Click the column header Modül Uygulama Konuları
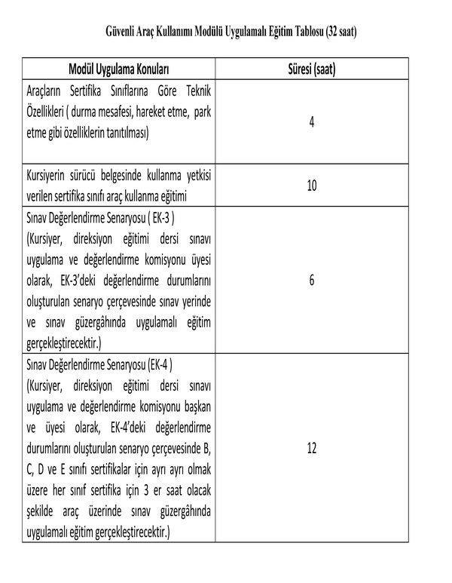[x=118, y=71]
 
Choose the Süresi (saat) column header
[x=312, y=71]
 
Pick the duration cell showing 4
[x=312, y=121]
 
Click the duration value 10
[x=312, y=185]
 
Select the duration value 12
[x=312, y=448]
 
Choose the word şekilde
[x=42, y=511]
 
